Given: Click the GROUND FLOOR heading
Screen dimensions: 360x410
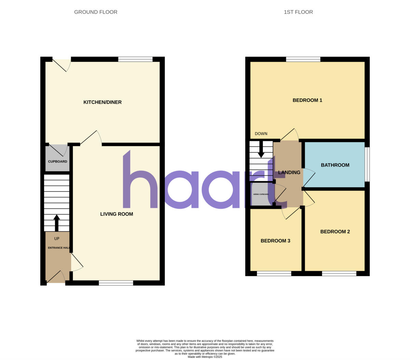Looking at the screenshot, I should [96, 12].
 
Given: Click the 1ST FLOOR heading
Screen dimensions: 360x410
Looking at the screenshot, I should [298, 12].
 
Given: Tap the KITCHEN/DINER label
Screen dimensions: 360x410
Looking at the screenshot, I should [102, 102].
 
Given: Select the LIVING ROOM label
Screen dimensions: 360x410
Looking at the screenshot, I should [117, 214].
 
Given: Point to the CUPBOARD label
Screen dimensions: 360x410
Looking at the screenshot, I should [57, 161].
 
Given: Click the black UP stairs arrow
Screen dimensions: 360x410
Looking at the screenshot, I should [57, 223].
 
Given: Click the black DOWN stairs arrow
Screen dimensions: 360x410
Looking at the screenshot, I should [261, 149].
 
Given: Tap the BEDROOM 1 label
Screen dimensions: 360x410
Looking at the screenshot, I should [307, 100].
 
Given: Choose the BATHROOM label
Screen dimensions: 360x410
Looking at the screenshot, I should [335, 165].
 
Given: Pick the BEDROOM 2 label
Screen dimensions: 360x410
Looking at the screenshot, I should [335, 231].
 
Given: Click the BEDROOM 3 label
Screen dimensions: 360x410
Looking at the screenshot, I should [275, 241].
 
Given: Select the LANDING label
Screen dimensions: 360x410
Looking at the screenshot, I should [289, 172].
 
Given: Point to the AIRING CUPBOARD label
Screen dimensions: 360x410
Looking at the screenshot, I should [261, 194].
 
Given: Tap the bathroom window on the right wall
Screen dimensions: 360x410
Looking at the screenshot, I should [367, 164].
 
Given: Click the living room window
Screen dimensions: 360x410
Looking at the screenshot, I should [116, 283].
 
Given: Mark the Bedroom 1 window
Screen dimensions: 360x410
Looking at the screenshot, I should [303, 59].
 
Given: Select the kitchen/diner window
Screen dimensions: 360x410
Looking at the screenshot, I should [135, 59].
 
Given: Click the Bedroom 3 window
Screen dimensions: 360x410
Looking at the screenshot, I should [274, 274].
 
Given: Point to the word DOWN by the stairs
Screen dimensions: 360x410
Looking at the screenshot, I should [261, 134].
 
